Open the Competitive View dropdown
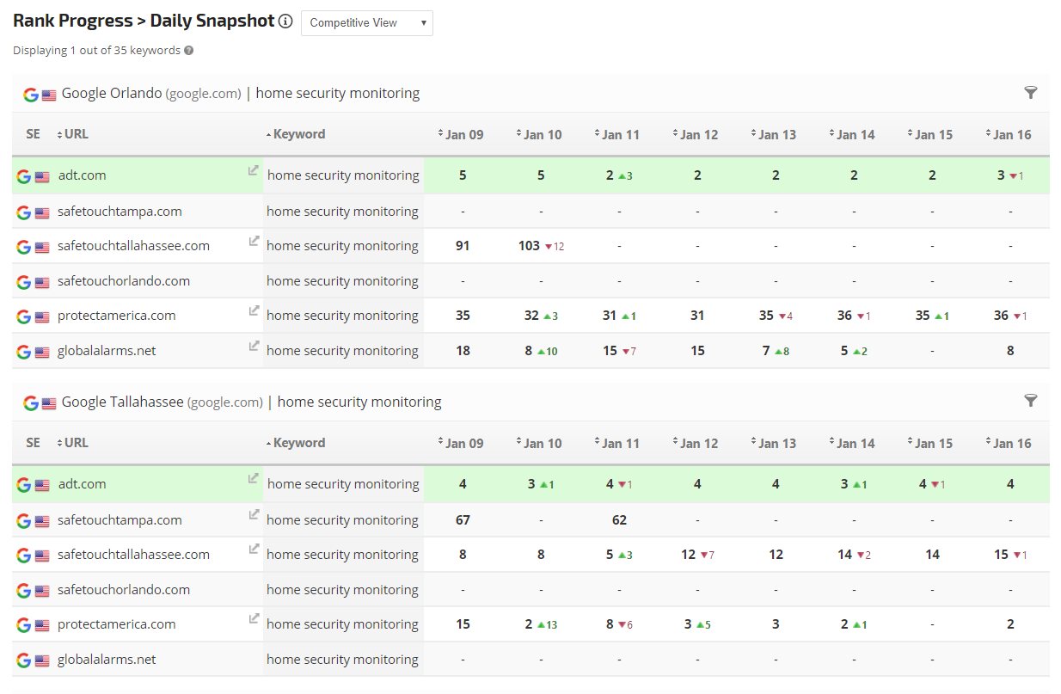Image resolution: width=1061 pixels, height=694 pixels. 366,23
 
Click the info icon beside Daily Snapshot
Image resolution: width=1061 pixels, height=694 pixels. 285,21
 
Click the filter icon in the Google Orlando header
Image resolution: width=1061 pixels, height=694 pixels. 1031,93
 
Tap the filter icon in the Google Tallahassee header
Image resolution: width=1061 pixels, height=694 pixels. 1031,401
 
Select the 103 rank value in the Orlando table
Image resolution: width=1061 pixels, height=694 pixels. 530,246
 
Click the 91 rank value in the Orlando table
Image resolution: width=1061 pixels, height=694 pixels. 463,246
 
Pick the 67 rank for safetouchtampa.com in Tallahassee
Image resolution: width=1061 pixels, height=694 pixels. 463,519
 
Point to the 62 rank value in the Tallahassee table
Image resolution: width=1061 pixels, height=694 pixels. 619,519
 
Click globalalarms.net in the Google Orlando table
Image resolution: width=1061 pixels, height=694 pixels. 107,350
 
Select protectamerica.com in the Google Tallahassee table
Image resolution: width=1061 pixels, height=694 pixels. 116,624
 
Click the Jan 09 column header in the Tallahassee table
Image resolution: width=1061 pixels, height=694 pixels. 463,443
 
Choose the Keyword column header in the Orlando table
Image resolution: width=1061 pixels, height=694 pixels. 298,134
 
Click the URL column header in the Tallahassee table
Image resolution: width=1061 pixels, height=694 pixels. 76,443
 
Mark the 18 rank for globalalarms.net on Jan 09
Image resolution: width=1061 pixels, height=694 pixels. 463,350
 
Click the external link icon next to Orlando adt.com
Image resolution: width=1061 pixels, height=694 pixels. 253,170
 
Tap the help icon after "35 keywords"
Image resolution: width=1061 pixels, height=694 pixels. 189,50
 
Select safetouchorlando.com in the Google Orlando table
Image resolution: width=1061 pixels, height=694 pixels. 123,280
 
